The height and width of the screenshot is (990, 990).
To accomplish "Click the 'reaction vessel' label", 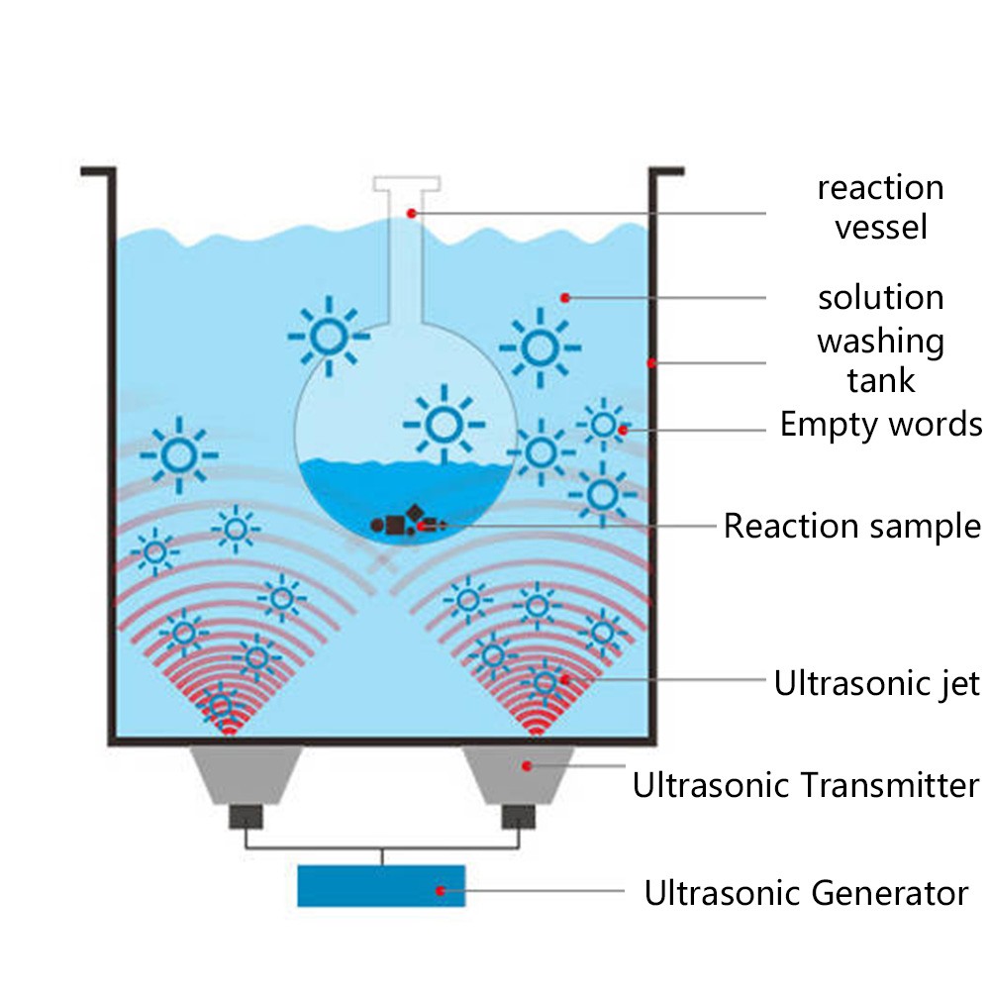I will [x=880, y=207].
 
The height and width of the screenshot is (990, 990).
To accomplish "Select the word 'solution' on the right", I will [x=880, y=297].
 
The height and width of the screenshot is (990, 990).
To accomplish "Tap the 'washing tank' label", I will [x=880, y=360].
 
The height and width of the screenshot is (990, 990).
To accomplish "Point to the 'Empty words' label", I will [x=880, y=425].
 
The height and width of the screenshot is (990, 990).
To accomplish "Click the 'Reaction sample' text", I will [x=851, y=526].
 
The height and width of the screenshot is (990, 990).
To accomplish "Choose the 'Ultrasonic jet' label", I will [x=876, y=682].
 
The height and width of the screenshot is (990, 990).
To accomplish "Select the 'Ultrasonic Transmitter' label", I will [x=806, y=786].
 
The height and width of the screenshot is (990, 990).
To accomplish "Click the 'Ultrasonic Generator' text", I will [x=806, y=893].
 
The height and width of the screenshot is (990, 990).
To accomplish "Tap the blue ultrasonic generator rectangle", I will [x=381, y=885].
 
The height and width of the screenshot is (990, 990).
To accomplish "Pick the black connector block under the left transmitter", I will [x=246, y=817].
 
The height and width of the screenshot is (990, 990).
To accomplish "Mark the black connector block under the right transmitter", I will [x=519, y=817].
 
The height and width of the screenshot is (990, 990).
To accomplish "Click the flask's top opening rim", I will [x=406, y=183].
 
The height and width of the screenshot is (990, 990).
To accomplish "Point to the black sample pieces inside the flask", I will [x=401, y=523].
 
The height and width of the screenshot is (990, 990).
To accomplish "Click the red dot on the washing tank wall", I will [x=651, y=363].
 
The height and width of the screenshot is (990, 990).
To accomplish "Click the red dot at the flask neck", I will [x=411, y=213].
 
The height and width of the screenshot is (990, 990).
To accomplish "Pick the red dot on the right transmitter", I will [x=527, y=765].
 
